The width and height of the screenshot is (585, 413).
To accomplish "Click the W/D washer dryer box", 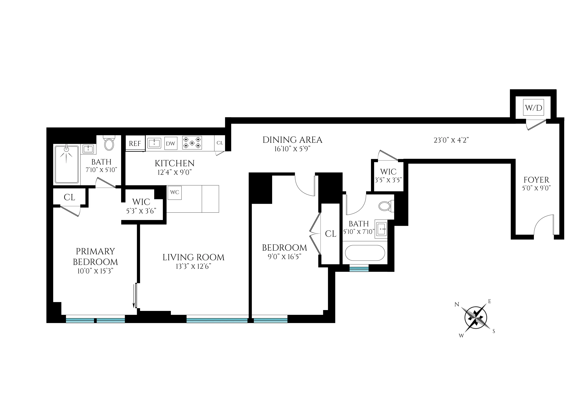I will [x=533, y=108].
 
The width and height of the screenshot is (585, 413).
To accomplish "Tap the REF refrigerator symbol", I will [x=135, y=144].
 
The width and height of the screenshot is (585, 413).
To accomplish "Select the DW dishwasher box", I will [x=171, y=144].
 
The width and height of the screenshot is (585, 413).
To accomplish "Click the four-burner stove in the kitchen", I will [x=192, y=143].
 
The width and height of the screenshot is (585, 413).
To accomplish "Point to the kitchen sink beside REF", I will [x=154, y=143].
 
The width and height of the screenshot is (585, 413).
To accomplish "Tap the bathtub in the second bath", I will [x=365, y=253].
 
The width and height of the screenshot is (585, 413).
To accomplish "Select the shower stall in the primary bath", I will [x=67, y=164].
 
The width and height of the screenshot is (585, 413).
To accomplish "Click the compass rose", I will [x=475, y=317].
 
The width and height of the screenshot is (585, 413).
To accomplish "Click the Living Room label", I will [x=193, y=258].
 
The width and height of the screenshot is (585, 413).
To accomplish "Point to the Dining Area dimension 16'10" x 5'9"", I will [x=292, y=149].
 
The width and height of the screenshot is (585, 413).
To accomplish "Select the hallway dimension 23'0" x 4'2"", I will [x=451, y=140].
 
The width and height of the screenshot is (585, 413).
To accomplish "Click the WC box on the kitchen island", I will [x=175, y=192].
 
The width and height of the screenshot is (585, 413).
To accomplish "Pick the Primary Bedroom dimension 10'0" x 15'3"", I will [x=95, y=271].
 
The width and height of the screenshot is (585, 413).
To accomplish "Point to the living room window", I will [x=217, y=319].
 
